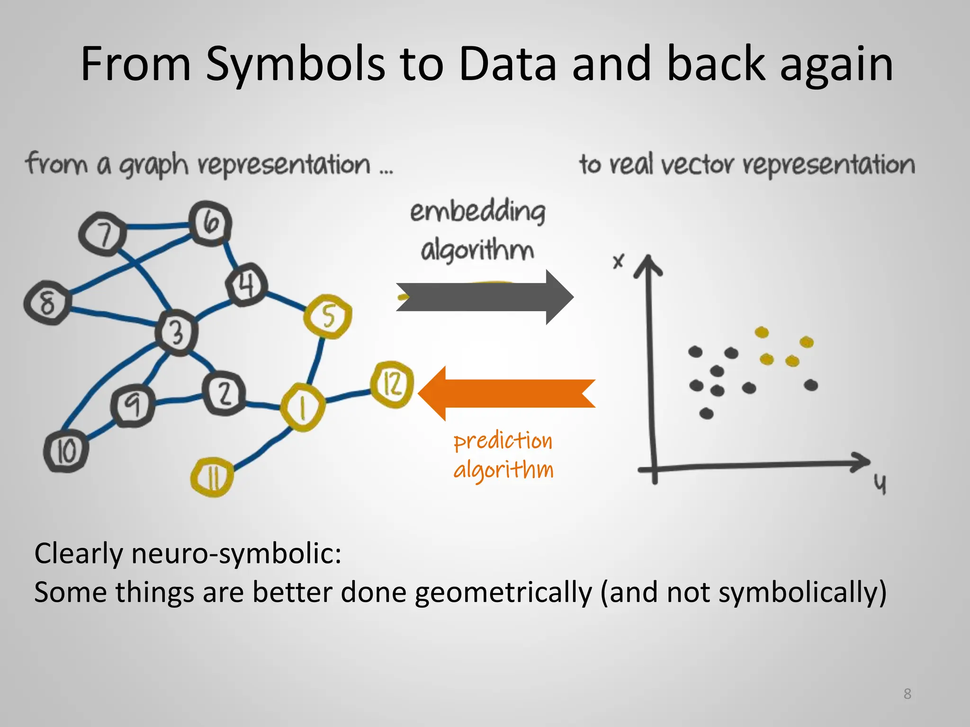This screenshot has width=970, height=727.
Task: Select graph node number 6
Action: pos(210,223)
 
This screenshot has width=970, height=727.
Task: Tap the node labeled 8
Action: pos(47,302)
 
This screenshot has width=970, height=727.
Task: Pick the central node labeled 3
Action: pos(176,332)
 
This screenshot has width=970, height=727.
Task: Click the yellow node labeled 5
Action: pos(328,316)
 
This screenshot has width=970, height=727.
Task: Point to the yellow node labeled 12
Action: pos(392,384)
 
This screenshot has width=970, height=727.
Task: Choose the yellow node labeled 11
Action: pos(212,477)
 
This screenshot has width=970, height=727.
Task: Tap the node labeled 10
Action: pos(66,451)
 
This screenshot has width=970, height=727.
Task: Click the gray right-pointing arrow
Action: pos(483,297)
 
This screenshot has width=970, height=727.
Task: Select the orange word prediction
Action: pos(503,441)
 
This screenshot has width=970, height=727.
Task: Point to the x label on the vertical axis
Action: pos(618,261)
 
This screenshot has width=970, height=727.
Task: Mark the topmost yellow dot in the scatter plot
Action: pos(762,332)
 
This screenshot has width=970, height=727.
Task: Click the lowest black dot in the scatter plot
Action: pos(706,414)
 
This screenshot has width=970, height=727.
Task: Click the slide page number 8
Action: pos(907,693)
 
